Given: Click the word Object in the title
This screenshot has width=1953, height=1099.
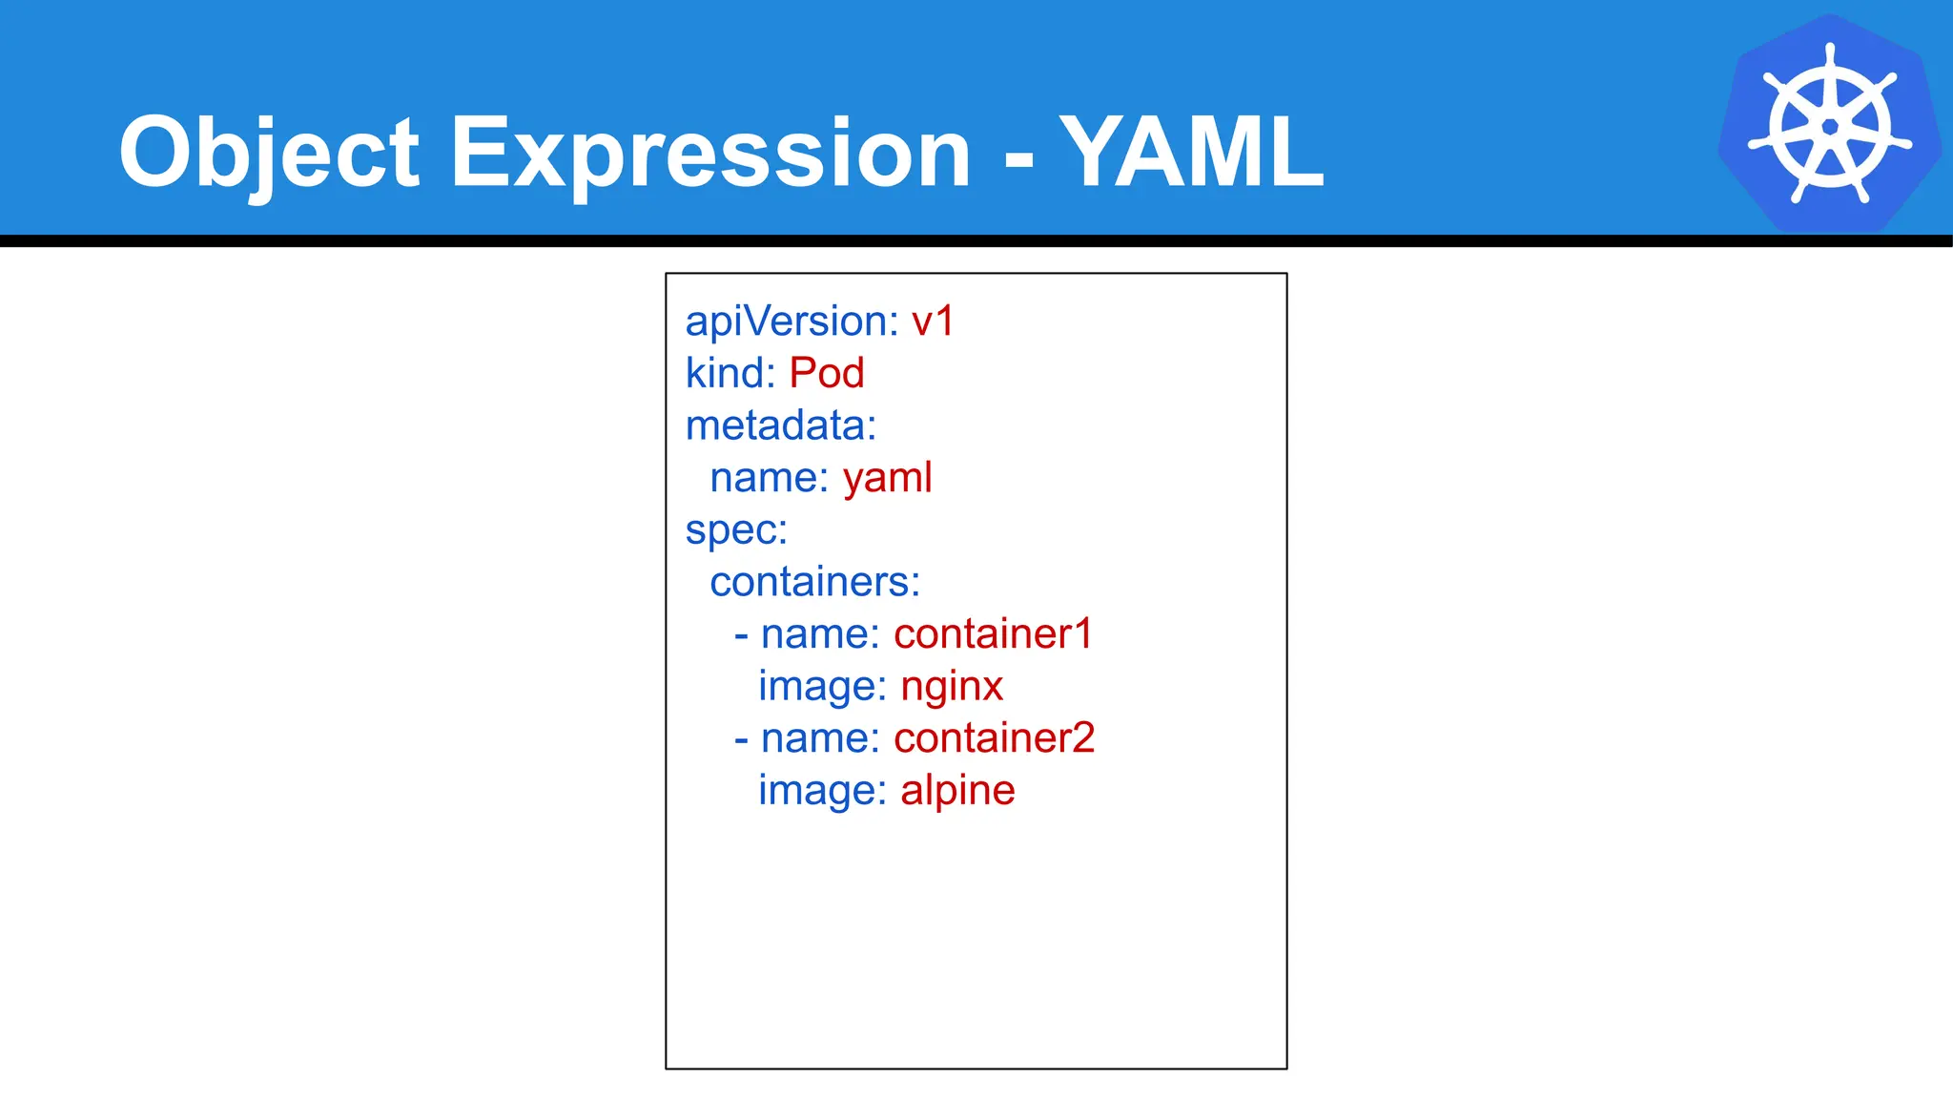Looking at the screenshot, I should pyautogui.click(x=269, y=153).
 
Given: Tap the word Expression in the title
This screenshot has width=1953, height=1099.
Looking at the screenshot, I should pyautogui.click(x=709, y=153).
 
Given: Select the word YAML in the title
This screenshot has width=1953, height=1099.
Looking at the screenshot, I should pyautogui.click(x=1192, y=153).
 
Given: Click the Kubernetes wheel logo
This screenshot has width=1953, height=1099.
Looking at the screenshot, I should pyautogui.click(x=1829, y=124).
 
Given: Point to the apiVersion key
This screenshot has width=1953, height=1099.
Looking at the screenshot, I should pyautogui.click(x=791, y=321).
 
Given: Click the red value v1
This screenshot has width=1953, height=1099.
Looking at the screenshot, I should pyautogui.click(x=933, y=321).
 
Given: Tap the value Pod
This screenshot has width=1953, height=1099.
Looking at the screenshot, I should pyautogui.click(x=827, y=373).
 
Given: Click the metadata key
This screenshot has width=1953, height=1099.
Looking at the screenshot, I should pyautogui.click(x=780, y=425).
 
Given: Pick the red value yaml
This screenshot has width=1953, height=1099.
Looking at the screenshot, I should pyautogui.click(x=887, y=478).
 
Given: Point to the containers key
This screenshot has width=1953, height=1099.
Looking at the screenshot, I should pyautogui.click(x=814, y=582).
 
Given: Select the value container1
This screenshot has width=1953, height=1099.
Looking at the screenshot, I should pyautogui.click(x=993, y=634).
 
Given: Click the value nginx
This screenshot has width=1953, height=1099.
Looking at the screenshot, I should pyautogui.click(x=952, y=686).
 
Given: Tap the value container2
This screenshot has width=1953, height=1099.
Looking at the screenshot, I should pyautogui.click(x=994, y=738).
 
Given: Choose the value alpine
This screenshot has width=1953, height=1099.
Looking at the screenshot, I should pyautogui.click(x=957, y=790).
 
